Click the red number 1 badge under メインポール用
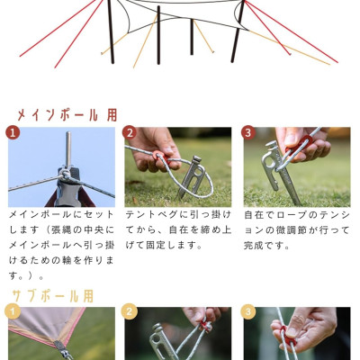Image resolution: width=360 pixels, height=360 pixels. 13,133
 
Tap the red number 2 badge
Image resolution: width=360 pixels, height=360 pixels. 130,133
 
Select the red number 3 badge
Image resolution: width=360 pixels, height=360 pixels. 248,133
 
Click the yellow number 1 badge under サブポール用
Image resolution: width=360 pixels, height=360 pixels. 13,311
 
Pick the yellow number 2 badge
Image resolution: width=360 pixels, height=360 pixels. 130,311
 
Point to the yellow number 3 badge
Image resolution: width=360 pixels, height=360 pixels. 248,311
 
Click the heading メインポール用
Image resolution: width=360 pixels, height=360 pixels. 67,114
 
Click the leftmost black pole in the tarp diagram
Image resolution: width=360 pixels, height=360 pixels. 111,31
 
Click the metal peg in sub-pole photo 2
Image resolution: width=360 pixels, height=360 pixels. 162,342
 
